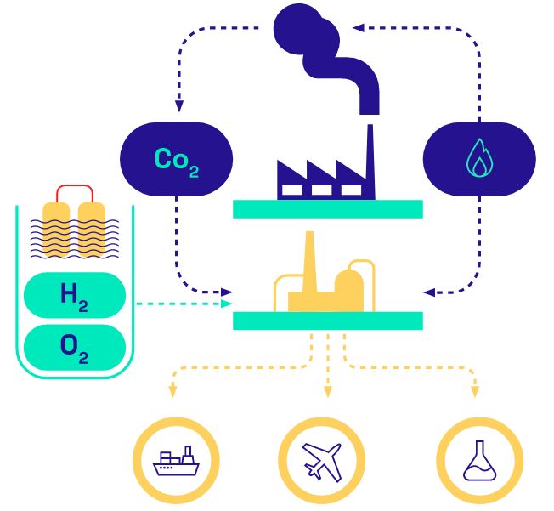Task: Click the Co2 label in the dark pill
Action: pyautogui.click(x=177, y=159)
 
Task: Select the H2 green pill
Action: pyautogui.click(x=75, y=295)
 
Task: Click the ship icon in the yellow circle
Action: pyautogui.click(x=176, y=463)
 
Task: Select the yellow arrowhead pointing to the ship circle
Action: pyautogui.click(x=173, y=392)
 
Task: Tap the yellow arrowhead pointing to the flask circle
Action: pyautogui.click(x=475, y=392)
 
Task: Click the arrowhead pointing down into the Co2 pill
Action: pyautogui.click(x=179, y=108)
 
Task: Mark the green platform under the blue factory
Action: pyautogui.click(x=327, y=208)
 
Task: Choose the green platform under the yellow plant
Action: pyautogui.click(x=327, y=321)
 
